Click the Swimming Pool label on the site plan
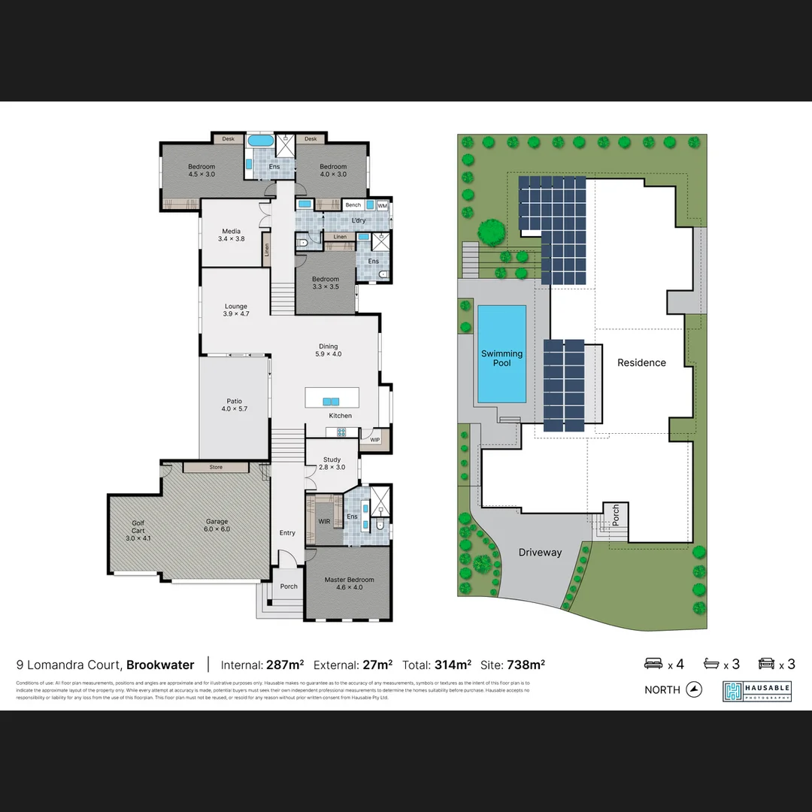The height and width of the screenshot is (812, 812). [x=501, y=359]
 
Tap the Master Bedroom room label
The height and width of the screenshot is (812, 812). [x=349, y=583]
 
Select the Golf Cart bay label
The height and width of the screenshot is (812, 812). [x=138, y=530]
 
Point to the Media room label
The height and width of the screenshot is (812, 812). [x=232, y=235]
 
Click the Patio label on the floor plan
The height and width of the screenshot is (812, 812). [x=235, y=404]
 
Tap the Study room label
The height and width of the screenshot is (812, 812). [x=332, y=463]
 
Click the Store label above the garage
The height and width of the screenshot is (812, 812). [x=216, y=467]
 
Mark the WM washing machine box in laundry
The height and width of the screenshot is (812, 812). [x=382, y=205]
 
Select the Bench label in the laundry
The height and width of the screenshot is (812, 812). [x=353, y=205]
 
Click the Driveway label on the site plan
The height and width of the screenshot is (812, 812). [x=540, y=553]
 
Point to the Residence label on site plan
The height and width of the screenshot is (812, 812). [x=641, y=362]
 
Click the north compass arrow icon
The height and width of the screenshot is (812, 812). [x=694, y=689]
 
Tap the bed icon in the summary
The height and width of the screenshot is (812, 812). [x=653, y=664]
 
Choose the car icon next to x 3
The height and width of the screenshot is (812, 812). [x=767, y=664]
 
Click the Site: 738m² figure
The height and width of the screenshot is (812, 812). [x=515, y=665]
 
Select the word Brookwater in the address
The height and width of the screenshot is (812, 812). [x=160, y=665]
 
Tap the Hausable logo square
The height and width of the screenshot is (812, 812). [x=733, y=691]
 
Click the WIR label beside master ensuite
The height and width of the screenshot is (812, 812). [x=325, y=520]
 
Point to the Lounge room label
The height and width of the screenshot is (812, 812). [x=236, y=310]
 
